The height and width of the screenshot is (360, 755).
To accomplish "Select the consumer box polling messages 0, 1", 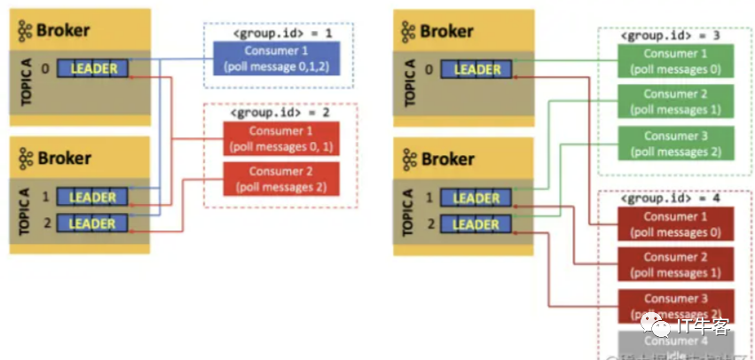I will (x=280, y=139).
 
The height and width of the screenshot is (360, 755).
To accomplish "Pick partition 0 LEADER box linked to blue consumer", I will (x=94, y=68).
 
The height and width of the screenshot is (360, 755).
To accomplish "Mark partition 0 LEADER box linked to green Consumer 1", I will (x=477, y=69).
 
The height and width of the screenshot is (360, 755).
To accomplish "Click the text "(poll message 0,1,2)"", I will (x=276, y=67).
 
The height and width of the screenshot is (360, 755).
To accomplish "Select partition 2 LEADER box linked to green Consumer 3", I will (x=477, y=223).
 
